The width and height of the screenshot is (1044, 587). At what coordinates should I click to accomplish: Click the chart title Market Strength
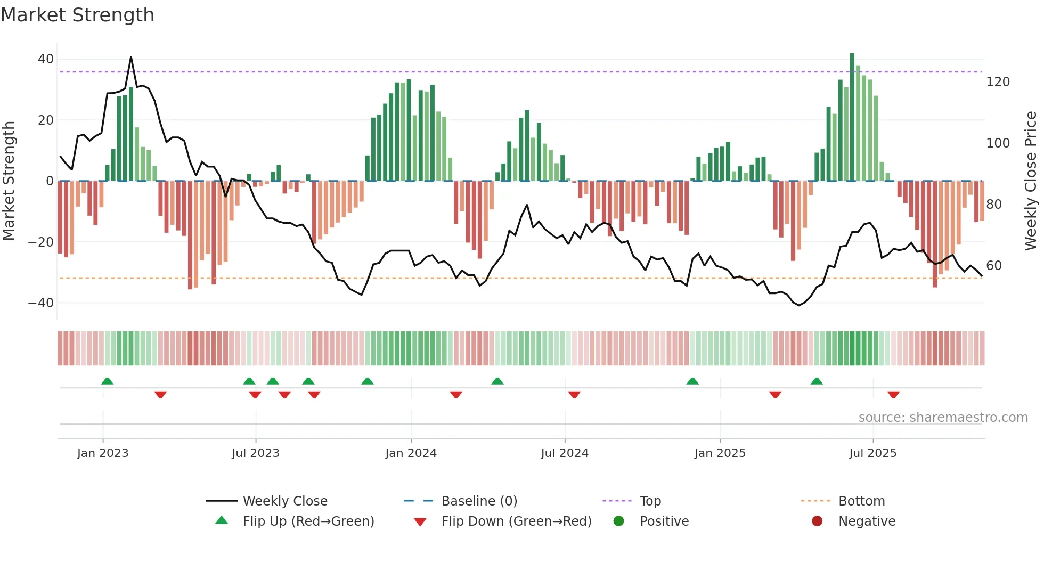click(x=77, y=15)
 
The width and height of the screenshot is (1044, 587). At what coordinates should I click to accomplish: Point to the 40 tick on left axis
click(x=46, y=59)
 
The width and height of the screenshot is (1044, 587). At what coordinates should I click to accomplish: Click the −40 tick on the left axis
click(x=41, y=303)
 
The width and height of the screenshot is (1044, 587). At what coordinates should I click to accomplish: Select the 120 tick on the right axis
click(x=998, y=82)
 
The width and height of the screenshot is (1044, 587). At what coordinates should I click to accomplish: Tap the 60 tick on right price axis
click(x=994, y=266)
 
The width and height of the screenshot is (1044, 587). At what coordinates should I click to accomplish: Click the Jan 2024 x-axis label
click(x=411, y=453)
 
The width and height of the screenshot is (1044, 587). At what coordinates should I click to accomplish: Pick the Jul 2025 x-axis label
click(x=872, y=453)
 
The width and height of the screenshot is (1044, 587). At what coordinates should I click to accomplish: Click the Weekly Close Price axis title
click(x=1031, y=181)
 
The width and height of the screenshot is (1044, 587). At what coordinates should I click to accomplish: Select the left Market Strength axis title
click(x=9, y=181)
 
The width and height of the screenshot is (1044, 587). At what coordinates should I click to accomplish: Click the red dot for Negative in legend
click(x=817, y=521)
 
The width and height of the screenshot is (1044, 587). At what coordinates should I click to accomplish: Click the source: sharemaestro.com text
click(x=943, y=418)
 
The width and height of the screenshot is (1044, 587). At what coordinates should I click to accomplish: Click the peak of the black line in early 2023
click(x=131, y=57)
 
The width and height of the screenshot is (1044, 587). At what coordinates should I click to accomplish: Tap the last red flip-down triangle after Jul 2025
click(x=893, y=395)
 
